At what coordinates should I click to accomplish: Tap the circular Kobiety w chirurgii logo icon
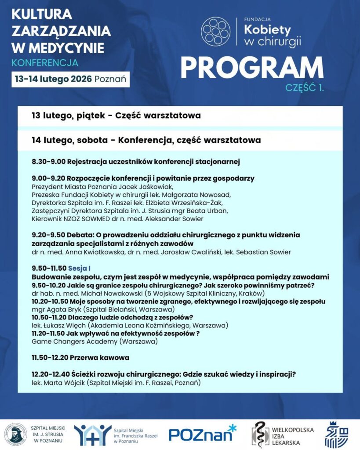coord(215,30)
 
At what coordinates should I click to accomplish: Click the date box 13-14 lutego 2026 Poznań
coord(70,79)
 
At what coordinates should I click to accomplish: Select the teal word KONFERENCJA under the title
coord(45,62)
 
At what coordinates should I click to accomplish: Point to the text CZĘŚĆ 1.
coord(305,87)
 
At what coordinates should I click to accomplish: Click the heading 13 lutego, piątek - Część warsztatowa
coord(116,116)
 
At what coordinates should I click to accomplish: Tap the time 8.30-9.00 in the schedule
coord(48,162)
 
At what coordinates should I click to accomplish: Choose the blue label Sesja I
coord(79,268)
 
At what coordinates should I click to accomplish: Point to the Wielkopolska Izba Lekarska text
coord(294,434)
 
